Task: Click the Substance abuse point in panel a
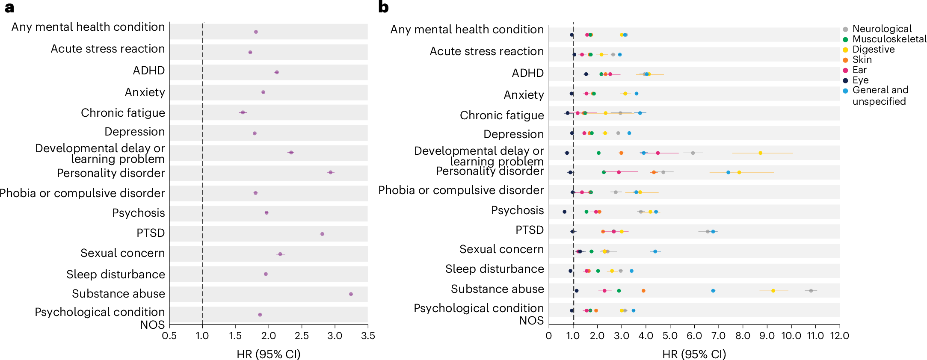(351, 294)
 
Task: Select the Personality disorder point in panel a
(330, 172)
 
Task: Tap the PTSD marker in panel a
(322, 234)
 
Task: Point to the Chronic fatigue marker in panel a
(243, 112)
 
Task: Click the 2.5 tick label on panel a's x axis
(302, 336)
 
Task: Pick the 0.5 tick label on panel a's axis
(169, 336)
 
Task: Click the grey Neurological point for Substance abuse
(811, 291)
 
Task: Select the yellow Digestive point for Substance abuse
(773, 291)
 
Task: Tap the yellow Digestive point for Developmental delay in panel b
(760, 153)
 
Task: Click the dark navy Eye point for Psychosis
(564, 212)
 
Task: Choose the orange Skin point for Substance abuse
(643, 291)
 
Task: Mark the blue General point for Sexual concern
(655, 251)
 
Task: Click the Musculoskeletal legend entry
(889, 39)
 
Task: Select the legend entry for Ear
(859, 70)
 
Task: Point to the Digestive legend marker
(845, 50)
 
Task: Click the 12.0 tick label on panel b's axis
(839, 336)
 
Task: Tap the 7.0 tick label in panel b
(718, 336)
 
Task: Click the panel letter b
(383, 7)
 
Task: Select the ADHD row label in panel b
(527, 73)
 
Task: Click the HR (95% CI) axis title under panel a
(268, 354)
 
